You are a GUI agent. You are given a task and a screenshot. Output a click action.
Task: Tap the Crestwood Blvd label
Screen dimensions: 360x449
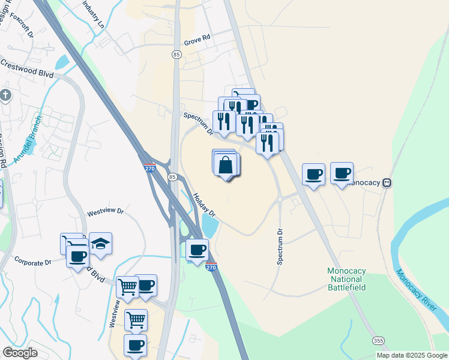point(27,68)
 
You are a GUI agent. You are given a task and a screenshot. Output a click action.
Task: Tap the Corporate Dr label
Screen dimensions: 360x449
point(32,263)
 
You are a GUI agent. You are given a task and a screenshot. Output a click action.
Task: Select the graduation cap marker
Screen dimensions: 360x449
point(101,244)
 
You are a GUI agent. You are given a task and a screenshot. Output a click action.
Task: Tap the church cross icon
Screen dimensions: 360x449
point(5,95)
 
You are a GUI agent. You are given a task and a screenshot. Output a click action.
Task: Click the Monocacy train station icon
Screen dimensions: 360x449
point(388,183)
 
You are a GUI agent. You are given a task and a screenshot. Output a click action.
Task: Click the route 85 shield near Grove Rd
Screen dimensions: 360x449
point(176,55)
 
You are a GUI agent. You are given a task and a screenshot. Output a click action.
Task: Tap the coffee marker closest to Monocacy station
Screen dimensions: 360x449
point(342,174)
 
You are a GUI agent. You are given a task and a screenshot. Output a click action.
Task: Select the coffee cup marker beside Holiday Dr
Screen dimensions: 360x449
point(197,249)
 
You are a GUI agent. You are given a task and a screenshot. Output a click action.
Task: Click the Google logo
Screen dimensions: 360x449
point(20,353)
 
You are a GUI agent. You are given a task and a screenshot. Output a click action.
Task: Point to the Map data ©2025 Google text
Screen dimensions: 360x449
point(412,355)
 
